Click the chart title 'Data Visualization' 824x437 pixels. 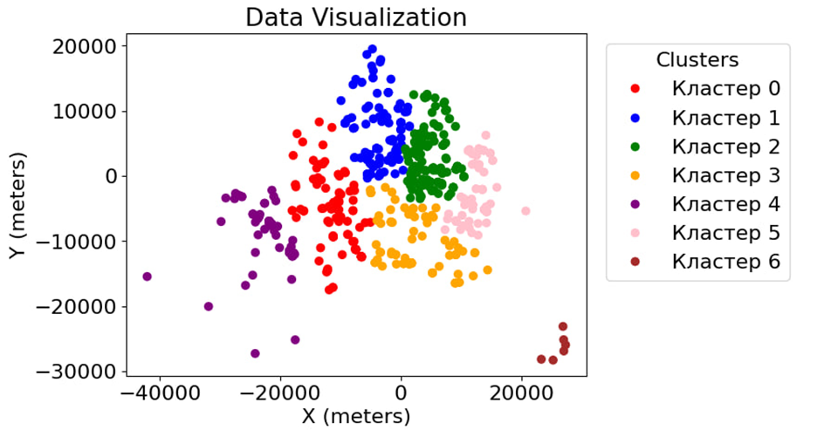[355, 17]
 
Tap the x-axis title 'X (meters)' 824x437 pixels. [355, 417]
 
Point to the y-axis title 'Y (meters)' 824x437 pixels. [18, 208]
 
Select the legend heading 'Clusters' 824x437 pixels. [697, 60]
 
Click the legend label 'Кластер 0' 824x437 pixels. [725, 89]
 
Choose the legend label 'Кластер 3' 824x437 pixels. [725, 175]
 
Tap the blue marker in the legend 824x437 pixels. [635, 118]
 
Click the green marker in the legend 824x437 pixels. [635, 147]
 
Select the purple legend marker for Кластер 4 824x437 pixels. [635, 204]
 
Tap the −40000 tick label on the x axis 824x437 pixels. [160, 393]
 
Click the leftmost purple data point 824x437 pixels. [147, 277]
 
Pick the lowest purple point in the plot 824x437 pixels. [255, 353]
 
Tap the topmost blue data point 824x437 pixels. [372, 50]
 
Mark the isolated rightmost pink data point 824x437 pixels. [525, 211]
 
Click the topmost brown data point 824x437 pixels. [563, 326]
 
